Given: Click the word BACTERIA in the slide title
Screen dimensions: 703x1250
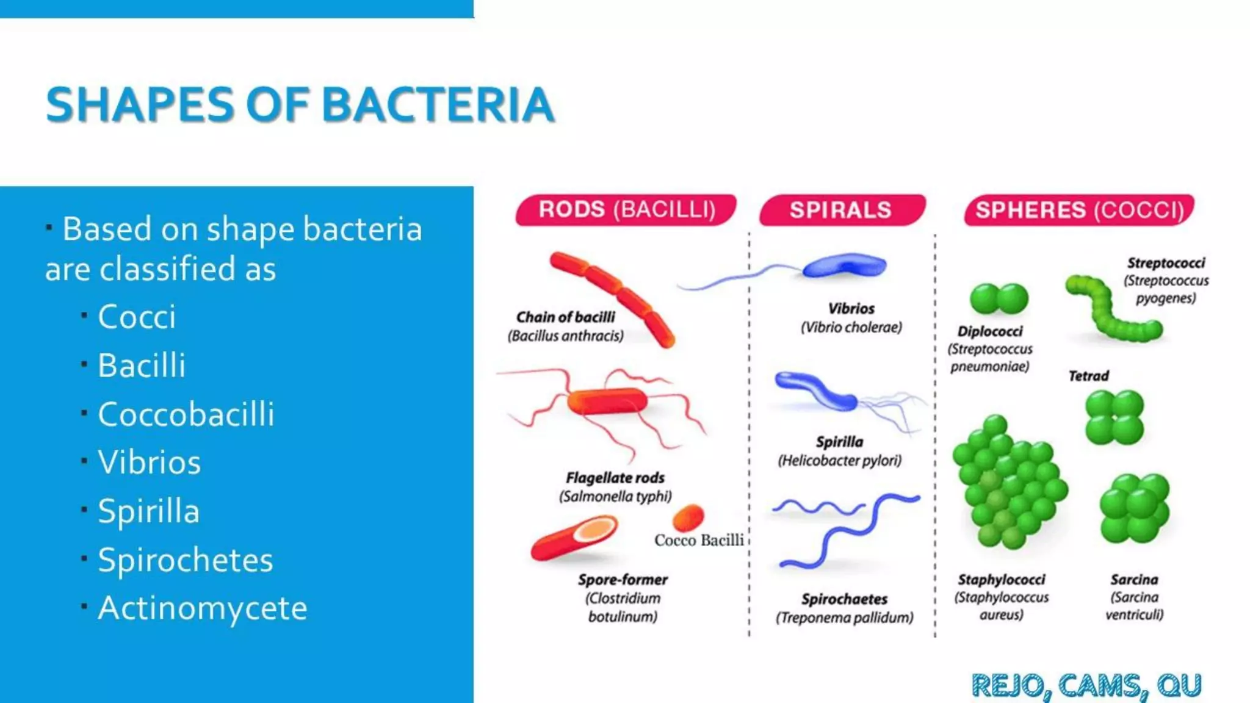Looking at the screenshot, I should (438, 104).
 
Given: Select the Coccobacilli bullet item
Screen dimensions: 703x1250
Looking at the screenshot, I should (186, 414).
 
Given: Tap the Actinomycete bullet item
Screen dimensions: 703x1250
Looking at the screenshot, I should (202, 608).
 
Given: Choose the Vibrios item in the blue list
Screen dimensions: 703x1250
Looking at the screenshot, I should (149, 463).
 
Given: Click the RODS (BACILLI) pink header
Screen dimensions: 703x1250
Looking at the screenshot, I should (626, 210).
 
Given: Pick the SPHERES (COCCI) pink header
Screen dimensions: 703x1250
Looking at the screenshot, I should (1078, 211).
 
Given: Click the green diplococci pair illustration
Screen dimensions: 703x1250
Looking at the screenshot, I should (999, 299).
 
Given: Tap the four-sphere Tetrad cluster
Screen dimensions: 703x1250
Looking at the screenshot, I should (1114, 417).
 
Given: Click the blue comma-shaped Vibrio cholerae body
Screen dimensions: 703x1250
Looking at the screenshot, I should (845, 266).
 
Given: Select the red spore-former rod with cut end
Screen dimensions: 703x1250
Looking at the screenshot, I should (574, 538).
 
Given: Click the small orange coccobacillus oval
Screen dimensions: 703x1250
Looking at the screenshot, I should (688, 518).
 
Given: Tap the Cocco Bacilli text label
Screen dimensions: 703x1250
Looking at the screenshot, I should (699, 541).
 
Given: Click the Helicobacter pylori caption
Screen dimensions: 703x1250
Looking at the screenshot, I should (839, 461).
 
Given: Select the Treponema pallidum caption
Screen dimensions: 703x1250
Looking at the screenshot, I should (845, 618).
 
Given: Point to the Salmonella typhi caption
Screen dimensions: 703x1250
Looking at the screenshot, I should (615, 497).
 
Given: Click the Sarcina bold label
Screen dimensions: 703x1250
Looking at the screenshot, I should (1134, 580).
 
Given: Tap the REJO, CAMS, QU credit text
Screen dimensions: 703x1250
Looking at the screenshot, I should (1086, 685).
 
